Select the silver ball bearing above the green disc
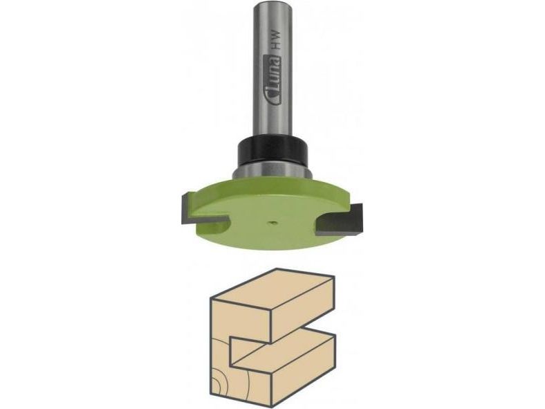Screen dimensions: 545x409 pos(272,171)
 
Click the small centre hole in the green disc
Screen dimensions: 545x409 pos(271,221)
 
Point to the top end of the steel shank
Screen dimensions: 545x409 pos(272,3)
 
